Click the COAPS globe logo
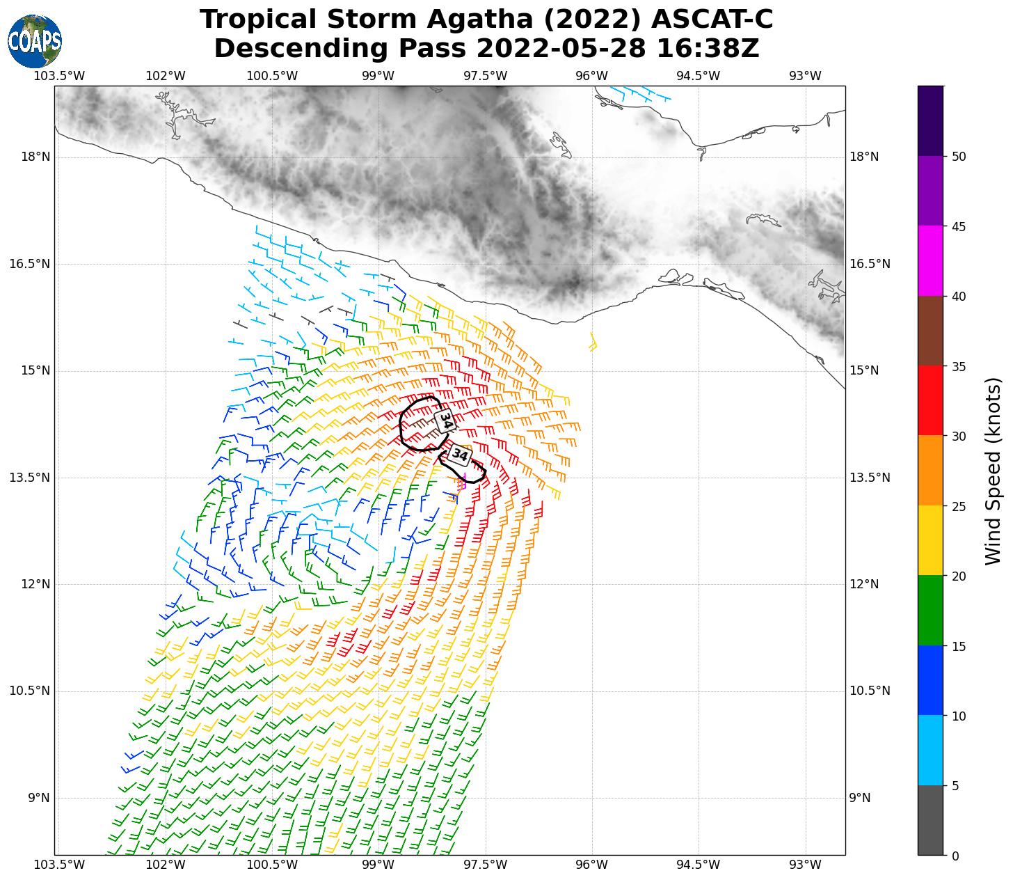tap(35, 42)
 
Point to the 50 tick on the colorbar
tap(959, 157)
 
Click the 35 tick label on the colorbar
tap(959, 367)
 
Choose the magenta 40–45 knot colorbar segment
tap(930, 261)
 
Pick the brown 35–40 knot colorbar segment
tap(930, 331)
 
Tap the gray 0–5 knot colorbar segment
tap(930, 820)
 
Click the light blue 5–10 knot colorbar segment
tap(930, 751)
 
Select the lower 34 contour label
tap(459, 455)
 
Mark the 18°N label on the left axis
tap(35, 157)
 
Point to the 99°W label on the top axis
tap(378, 76)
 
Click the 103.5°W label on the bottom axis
tap(59, 865)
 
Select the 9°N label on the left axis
tap(39, 798)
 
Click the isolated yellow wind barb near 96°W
tap(593, 341)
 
